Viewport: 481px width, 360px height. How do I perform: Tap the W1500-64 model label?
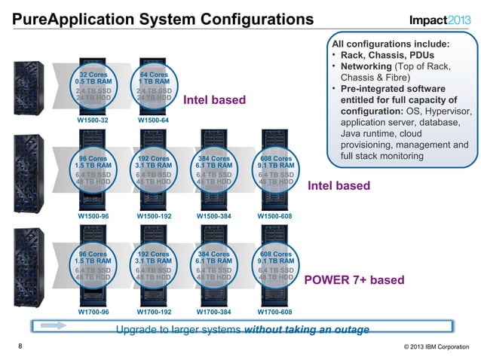[153, 120]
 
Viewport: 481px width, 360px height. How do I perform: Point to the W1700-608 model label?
[274, 311]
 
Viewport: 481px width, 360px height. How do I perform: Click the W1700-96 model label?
[93, 311]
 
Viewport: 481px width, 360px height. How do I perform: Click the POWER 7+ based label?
[354, 280]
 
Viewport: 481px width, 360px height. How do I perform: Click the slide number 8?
[20, 346]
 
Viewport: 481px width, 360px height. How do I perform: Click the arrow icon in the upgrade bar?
[57, 325]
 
